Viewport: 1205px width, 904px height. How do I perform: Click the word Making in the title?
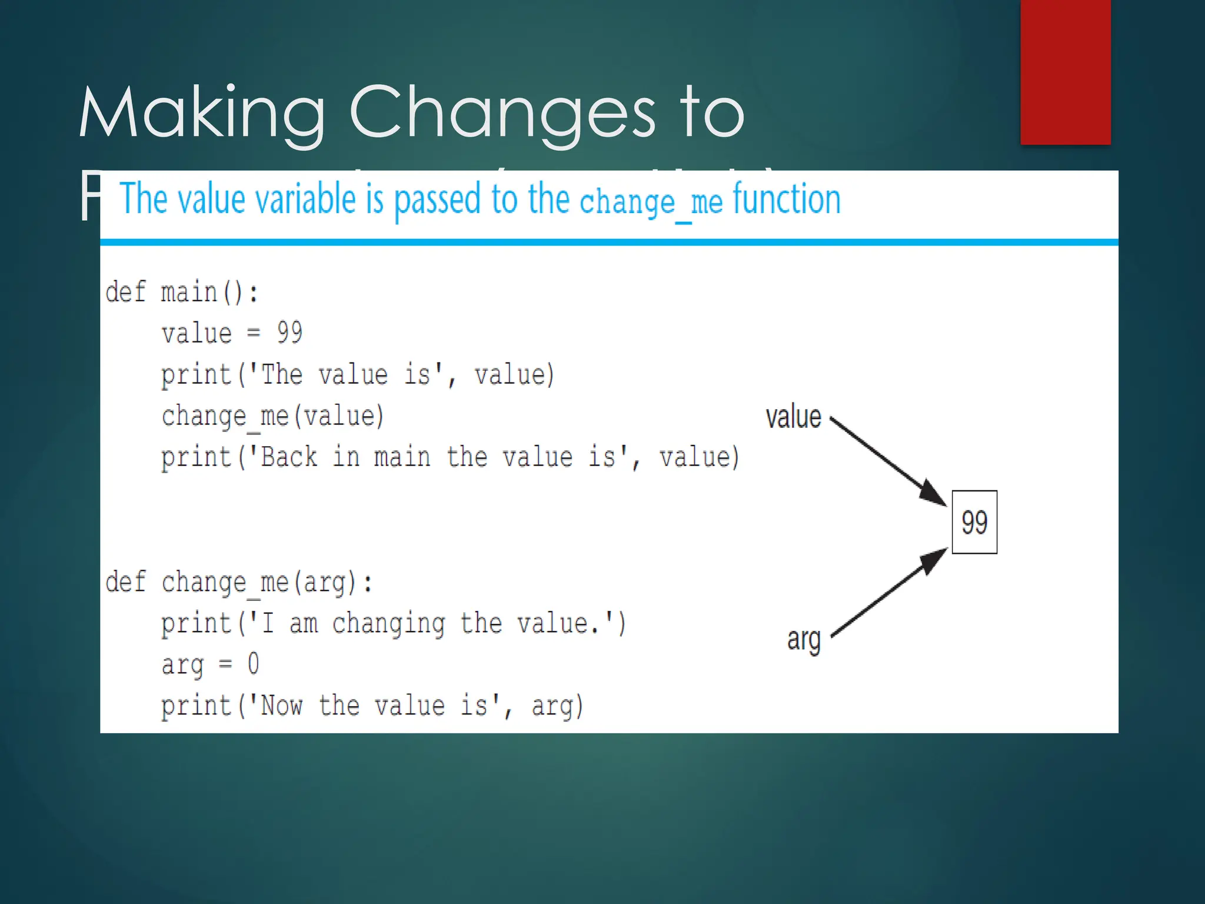pyautogui.click(x=202, y=113)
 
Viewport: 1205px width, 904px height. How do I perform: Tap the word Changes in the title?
pyautogui.click(x=502, y=113)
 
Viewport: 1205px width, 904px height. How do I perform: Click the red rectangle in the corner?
pyautogui.click(x=1065, y=72)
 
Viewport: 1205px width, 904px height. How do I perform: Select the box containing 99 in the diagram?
pyautogui.click(x=974, y=522)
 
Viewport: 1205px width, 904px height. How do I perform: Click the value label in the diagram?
pyautogui.click(x=793, y=417)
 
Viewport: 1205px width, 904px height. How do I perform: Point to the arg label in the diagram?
pyautogui.click(x=804, y=639)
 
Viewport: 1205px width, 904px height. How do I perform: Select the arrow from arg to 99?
pyautogui.click(x=888, y=593)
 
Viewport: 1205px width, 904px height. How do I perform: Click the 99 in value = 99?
pyautogui.click(x=289, y=333)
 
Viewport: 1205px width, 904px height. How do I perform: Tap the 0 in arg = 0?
pyautogui.click(x=253, y=664)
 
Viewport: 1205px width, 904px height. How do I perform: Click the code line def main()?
pyautogui.click(x=181, y=293)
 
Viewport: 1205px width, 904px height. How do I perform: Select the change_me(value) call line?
pyautogui.click(x=272, y=417)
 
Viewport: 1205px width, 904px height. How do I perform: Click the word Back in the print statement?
pyautogui.click(x=289, y=457)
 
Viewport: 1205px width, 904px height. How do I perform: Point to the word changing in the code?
pyautogui.click(x=388, y=624)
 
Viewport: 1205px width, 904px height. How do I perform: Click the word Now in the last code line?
pyautogui.click(x=281, y=706)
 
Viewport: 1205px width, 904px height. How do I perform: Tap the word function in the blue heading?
pyautogui.click(x=787, y=200)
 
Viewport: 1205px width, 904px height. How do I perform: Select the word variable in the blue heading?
pyautogui.click(x=306, y=200)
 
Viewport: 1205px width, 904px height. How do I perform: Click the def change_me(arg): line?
pyautogui.click(x=238, y=583)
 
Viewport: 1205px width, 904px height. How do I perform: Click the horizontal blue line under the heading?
pyautogui.click(x=609, y=242)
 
